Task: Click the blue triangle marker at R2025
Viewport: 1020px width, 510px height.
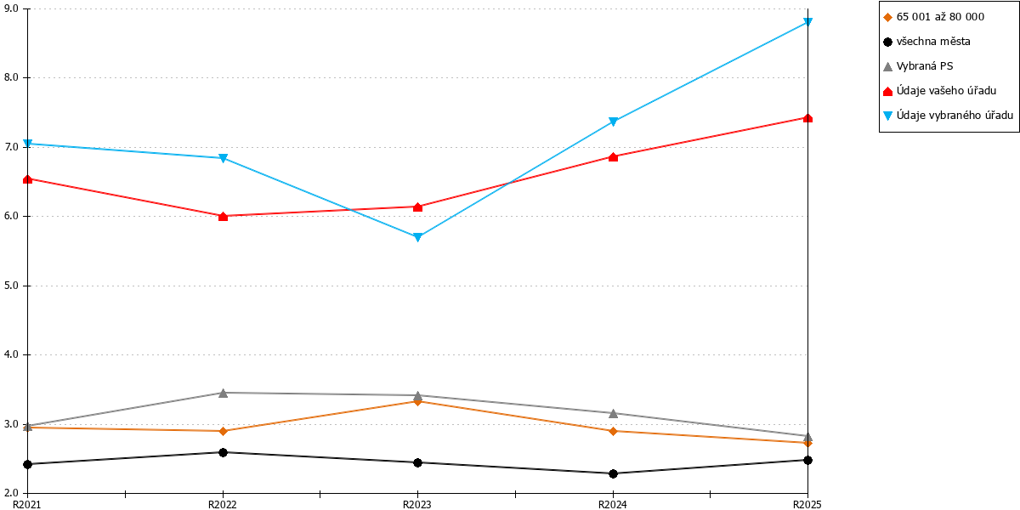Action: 807,22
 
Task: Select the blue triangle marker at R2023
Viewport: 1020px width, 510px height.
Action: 417,237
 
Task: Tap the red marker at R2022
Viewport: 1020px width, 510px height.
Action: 223,216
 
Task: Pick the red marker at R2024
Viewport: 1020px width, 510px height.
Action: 613,157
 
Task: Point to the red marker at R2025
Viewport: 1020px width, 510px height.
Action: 807,118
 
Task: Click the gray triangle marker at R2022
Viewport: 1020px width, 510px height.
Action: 223,393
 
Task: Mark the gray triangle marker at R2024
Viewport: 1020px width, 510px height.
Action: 613,413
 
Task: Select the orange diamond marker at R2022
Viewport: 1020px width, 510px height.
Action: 223,431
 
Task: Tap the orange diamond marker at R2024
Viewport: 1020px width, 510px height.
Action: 613,431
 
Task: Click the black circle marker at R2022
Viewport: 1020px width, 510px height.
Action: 223,452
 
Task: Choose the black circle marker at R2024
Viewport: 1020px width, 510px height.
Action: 613,474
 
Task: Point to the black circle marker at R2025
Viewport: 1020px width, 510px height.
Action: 807,461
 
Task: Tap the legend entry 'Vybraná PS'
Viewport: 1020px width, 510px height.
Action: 918,66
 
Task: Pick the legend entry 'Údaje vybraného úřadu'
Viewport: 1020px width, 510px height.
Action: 949,116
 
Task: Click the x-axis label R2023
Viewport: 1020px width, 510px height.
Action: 417,504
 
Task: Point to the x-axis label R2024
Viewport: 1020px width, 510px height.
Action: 613,504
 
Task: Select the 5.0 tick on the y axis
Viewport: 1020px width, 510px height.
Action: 11,286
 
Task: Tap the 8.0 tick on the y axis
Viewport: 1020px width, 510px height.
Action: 11,77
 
